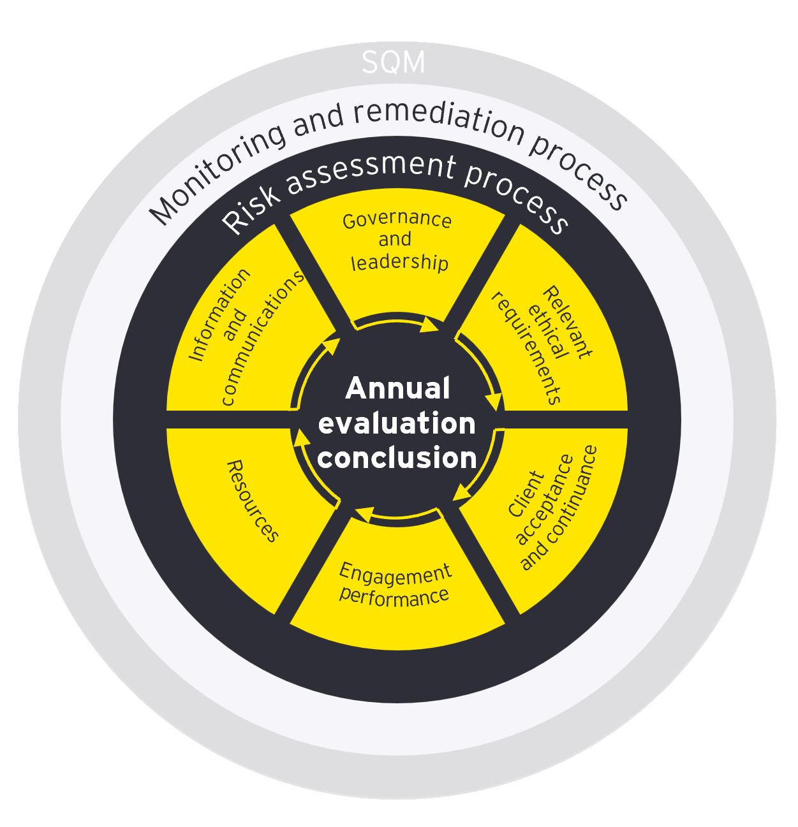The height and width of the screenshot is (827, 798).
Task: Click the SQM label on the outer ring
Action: click(393, 62)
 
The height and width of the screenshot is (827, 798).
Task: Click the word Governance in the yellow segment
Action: click(397, 220)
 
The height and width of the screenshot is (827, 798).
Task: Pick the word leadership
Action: click(399, 262)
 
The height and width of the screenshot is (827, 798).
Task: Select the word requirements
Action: click(527, 349)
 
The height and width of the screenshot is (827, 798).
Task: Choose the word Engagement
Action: click(395, 574)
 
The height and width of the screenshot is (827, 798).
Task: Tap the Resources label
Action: click(253, 501)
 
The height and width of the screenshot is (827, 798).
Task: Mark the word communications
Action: click(262, 338)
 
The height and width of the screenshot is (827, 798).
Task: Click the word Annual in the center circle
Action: click(397, 388)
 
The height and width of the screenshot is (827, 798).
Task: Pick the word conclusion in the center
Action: click(397, 458)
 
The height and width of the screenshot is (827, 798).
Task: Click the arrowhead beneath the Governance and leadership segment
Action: click(429, 326)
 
